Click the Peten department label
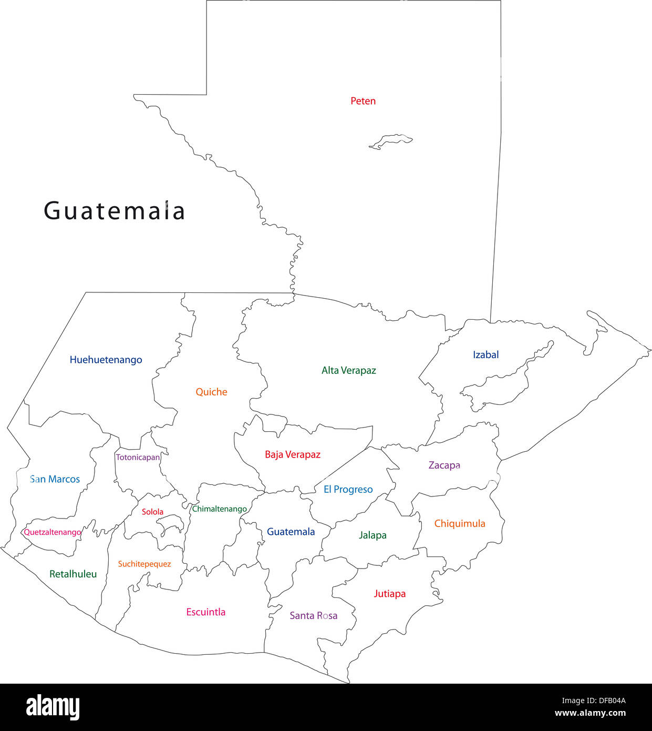coord(363,101)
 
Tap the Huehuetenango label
coord(106,360)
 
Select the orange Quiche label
coord(211,392)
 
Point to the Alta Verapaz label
coord(349,370)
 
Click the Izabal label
coord(485,355)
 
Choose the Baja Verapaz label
coord(292,454)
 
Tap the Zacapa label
coord(444,465)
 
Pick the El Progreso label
coord(348,489)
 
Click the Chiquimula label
coord(459,523)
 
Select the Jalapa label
coord(372,535)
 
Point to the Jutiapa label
coord(389,594)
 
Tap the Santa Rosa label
coord(313,615)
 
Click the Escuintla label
coord(205,612)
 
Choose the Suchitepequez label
coord(144,564)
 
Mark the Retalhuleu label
coord(73,574)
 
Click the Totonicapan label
coord(138,458)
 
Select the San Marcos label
coord(55,479)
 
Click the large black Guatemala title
coord(114,211)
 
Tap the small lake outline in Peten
coord(391,141)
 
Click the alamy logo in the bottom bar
coord(53,707)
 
